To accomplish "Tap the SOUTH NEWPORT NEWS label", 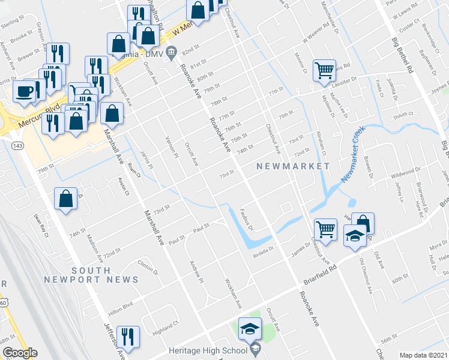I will [91, 275].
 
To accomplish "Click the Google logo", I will [19, 353].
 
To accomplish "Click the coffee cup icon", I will [25, 91].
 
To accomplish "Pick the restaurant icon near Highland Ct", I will [128, 336].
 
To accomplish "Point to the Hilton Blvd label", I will [119, 305].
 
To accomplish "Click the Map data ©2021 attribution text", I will [423, 355].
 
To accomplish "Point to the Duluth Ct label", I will [403, 113].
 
